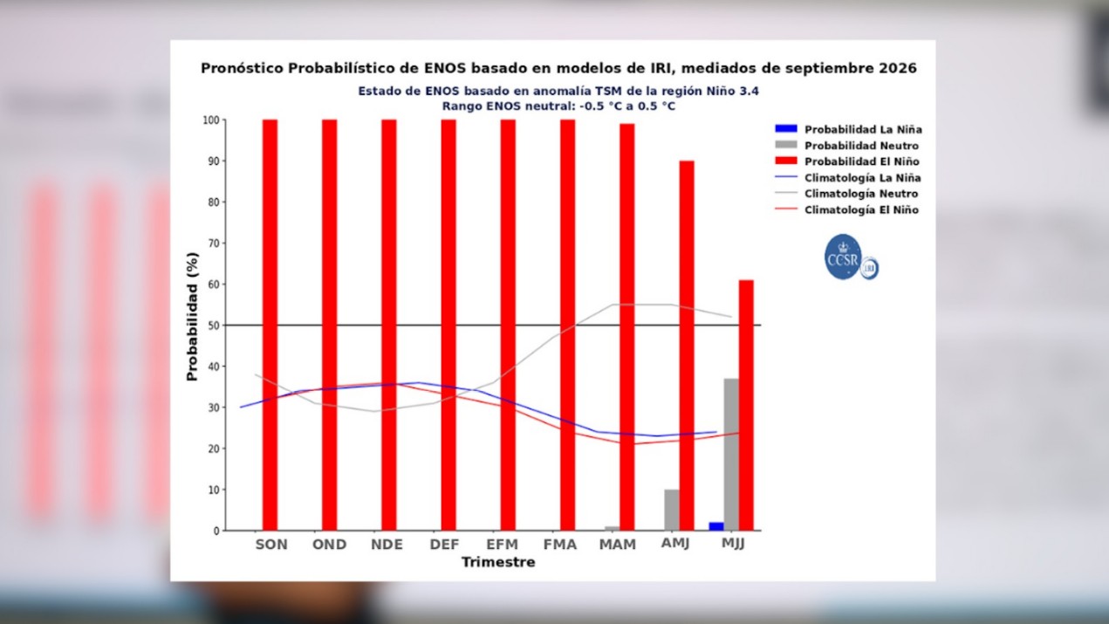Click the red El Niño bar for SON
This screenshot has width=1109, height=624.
(x=270, y=325)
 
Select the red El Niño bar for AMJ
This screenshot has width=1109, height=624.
(x=687, y=346)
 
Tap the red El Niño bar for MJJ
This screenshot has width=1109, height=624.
(x=746, y=405)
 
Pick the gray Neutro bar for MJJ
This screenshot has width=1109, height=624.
(x=731, y=455)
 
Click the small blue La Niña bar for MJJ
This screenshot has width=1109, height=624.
(x=716, y=526)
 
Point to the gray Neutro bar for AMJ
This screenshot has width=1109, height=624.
(x=672, y=510)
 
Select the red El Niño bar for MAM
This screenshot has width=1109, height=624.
(x=627, y=327)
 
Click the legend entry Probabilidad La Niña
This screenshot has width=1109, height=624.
(x=848, y=129)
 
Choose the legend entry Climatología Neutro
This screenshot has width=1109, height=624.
(x=846, y=194)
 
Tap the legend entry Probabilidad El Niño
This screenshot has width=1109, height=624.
(x=847, y=161)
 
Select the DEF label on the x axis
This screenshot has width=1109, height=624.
(x=444, y=545)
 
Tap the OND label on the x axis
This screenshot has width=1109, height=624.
(x=329, y=545)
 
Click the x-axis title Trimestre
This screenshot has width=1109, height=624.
(x=498, y=562)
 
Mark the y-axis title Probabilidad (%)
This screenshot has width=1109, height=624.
(x=192, y=317)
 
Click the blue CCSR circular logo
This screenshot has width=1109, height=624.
(x=843, y=257)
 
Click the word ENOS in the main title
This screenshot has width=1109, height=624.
(x=445, y=68)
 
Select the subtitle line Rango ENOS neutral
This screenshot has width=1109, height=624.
(x=558, y=106)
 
